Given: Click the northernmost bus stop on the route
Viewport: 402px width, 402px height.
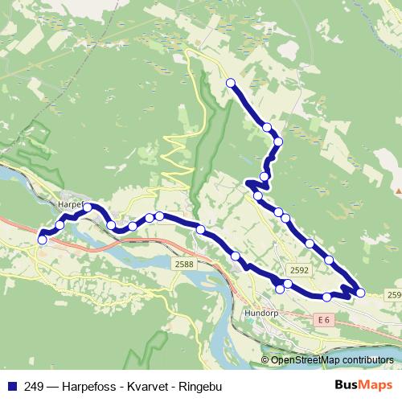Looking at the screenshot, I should point(231,83).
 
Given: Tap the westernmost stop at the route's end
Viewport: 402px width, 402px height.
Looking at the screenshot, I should point(42,239).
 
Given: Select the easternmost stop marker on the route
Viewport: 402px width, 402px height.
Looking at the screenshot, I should point(360,292).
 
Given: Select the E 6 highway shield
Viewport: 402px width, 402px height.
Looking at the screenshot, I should point(324,320).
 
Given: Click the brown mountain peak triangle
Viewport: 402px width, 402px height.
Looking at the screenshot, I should point(397,191).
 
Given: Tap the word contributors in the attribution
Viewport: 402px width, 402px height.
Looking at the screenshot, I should point(367,359).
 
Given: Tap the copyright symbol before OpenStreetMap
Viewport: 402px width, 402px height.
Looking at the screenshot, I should point(266,359).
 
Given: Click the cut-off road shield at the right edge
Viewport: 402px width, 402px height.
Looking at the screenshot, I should point(395,296).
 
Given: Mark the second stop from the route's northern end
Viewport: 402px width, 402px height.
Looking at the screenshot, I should point(266,127).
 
